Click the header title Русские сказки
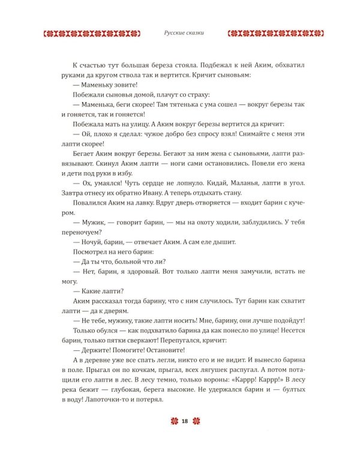coord(180,34)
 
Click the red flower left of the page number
coord(173,422)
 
